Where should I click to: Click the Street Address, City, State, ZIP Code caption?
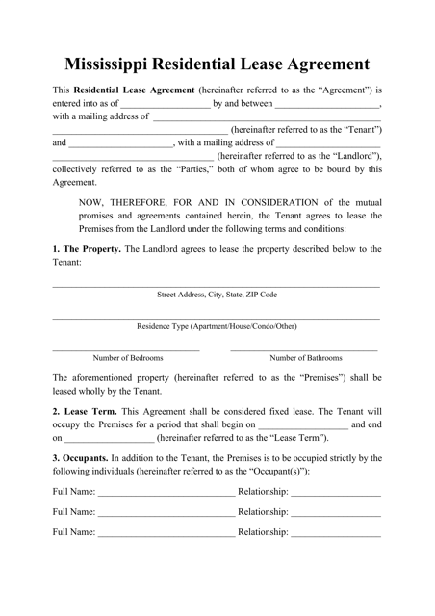tap(217, 295)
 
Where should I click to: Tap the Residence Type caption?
tap(217, 325)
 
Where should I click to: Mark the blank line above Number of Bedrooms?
tap(126, 348)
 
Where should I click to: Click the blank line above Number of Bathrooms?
tap(304, 348)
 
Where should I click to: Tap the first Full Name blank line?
tap(166, 498)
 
